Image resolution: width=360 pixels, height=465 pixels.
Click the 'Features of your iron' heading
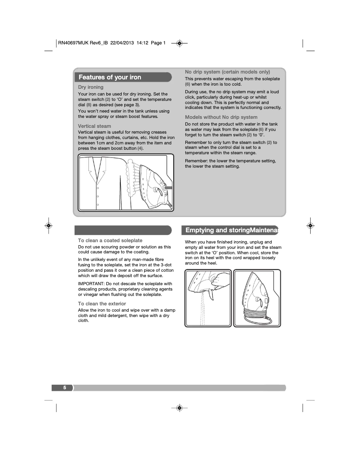110,77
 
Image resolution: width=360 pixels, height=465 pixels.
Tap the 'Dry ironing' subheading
91,87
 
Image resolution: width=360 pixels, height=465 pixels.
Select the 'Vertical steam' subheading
94,126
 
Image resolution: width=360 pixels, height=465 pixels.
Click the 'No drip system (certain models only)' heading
228,72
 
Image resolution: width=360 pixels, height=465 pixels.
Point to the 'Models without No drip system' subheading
221,117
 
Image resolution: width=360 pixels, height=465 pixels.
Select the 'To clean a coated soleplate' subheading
110,240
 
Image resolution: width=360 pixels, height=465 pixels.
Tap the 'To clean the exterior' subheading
102,304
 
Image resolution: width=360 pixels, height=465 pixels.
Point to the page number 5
65,387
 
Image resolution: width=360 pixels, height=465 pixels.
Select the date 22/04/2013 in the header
123,43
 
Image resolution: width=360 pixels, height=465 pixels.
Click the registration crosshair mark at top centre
179,43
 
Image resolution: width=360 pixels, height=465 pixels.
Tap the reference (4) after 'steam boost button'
140,148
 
